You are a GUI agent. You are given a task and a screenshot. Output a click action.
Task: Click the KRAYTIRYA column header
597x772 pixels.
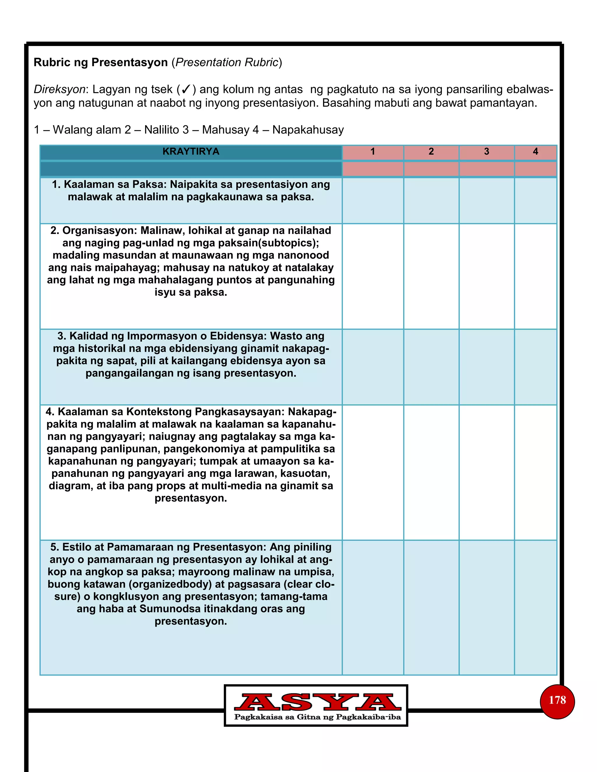click(x=191, y=152)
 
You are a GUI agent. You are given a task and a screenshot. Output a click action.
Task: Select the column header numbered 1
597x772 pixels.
click(x=373, y=152)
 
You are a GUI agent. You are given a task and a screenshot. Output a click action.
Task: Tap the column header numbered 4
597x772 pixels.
click(x=535, y=152)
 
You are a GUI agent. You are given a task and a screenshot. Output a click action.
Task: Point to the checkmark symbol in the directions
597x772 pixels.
click(x=186, y=89)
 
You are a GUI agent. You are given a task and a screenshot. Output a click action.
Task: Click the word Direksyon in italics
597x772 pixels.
click(x=59, y=89)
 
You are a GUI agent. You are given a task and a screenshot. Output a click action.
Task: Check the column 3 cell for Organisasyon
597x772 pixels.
click(x=486, y=276)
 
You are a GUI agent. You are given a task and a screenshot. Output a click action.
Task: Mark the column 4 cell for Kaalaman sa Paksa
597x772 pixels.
click(x=535, y=200)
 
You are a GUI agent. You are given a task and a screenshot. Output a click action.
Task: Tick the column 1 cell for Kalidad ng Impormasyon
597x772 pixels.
click(x=373, y=366)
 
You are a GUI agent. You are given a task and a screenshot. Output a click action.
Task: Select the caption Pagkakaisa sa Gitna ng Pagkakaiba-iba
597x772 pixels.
click(x=317, y=717)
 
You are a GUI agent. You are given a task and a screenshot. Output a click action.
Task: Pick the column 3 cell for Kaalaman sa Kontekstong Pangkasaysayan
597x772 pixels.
click(x=486, y=472)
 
